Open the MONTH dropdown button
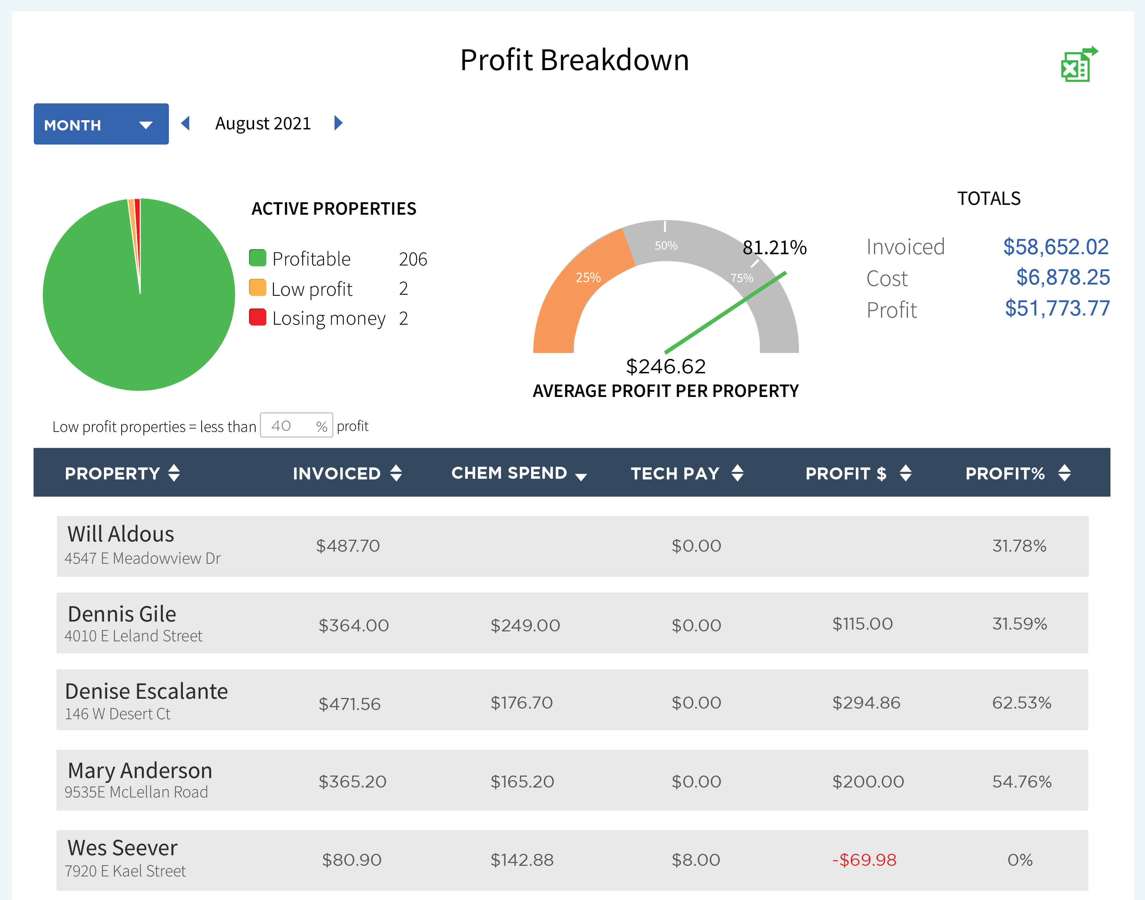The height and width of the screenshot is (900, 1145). tap(101, 124)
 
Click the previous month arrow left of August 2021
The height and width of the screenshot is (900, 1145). tap(185, 123)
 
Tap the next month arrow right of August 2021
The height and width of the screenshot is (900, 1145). tap(339, 123)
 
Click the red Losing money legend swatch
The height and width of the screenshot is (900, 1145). tap(258, 317)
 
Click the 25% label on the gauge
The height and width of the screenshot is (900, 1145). tap(588, 277)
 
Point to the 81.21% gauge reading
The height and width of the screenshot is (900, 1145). tap(774, 247)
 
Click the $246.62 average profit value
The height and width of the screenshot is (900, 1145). tap(665, 366)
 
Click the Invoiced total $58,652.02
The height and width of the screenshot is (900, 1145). tap(1055, 247)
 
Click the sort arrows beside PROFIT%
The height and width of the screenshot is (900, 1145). tap(1064, 473)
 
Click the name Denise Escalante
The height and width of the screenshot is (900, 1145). tap(146, 691)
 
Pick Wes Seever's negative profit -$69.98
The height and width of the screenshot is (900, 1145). tap(864, 860)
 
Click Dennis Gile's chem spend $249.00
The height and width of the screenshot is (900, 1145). tap(525, 625)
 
